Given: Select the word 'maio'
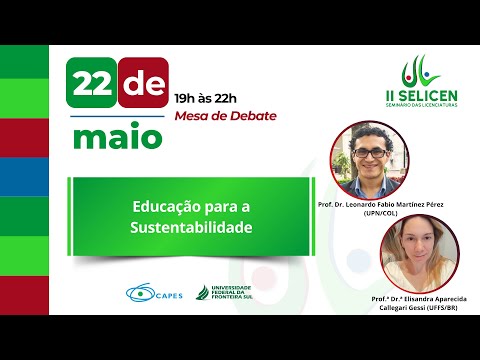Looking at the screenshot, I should coord(115,135).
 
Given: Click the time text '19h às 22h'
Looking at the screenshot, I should coord(206,98).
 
